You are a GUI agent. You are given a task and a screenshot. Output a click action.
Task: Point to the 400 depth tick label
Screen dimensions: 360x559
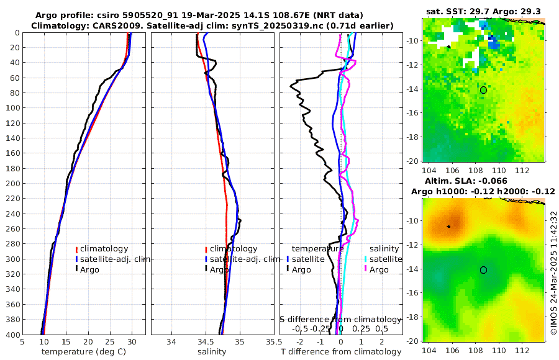click(12, 335)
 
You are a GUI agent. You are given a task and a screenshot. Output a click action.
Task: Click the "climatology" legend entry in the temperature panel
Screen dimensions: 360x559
click(104, 249)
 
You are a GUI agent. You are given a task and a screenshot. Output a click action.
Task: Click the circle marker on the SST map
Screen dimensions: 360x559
click(483, 90)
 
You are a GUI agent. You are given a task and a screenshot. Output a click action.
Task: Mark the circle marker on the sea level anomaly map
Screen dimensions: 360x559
click(483, 270)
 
